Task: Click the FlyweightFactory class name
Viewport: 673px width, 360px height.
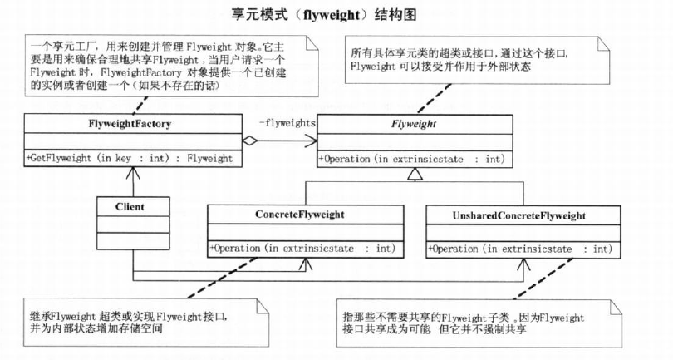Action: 130,124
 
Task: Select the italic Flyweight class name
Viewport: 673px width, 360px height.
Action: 413,124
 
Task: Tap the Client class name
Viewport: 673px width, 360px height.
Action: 130,207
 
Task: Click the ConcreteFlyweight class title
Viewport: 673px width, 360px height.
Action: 300,214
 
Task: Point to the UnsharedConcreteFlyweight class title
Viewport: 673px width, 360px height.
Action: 519,215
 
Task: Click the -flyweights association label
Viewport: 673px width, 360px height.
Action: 287,123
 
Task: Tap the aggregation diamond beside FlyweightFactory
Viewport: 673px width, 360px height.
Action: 249,141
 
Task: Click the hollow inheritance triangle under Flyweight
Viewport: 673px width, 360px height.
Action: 415,174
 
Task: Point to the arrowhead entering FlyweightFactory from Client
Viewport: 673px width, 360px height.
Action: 133,173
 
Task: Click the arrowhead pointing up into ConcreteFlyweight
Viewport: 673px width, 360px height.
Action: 306,264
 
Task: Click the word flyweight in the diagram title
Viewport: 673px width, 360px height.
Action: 331,16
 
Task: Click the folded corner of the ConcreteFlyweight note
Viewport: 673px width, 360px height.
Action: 262,306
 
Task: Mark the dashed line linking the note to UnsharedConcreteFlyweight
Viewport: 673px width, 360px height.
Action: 543,279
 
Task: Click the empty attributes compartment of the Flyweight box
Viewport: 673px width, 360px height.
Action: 415,143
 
